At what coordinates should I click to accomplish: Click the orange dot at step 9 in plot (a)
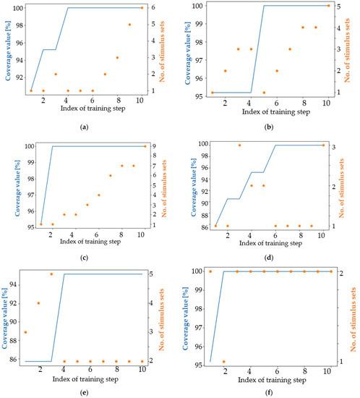(x=129, y=25)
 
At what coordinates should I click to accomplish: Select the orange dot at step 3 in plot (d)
(x=239, y=145)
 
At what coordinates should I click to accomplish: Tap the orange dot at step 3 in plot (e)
(x=51, y=274)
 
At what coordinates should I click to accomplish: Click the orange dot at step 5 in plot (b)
(x=264, y=93)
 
